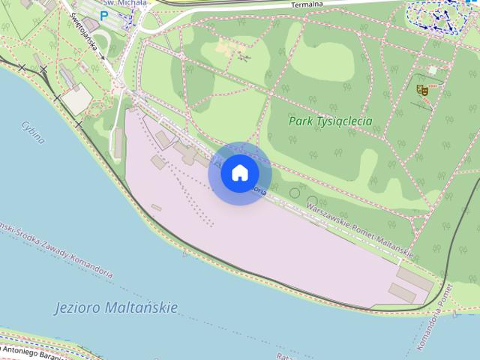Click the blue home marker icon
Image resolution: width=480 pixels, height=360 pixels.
(x=239, y=173)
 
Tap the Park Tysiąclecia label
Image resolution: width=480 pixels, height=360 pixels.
(x=330, y=121)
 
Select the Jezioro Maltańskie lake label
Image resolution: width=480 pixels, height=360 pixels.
(x=116, y=307)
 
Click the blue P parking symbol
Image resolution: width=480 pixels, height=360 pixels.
(x=103, y=14)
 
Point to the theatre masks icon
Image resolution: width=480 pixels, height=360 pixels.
(x=422, y=89)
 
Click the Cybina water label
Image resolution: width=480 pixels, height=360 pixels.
(x=33, y=131)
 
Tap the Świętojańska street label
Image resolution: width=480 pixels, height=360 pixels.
(x=85, y=36)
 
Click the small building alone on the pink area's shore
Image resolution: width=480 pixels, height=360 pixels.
(x=156, y=208)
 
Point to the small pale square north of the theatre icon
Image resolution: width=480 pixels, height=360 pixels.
(x=432, y=70)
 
